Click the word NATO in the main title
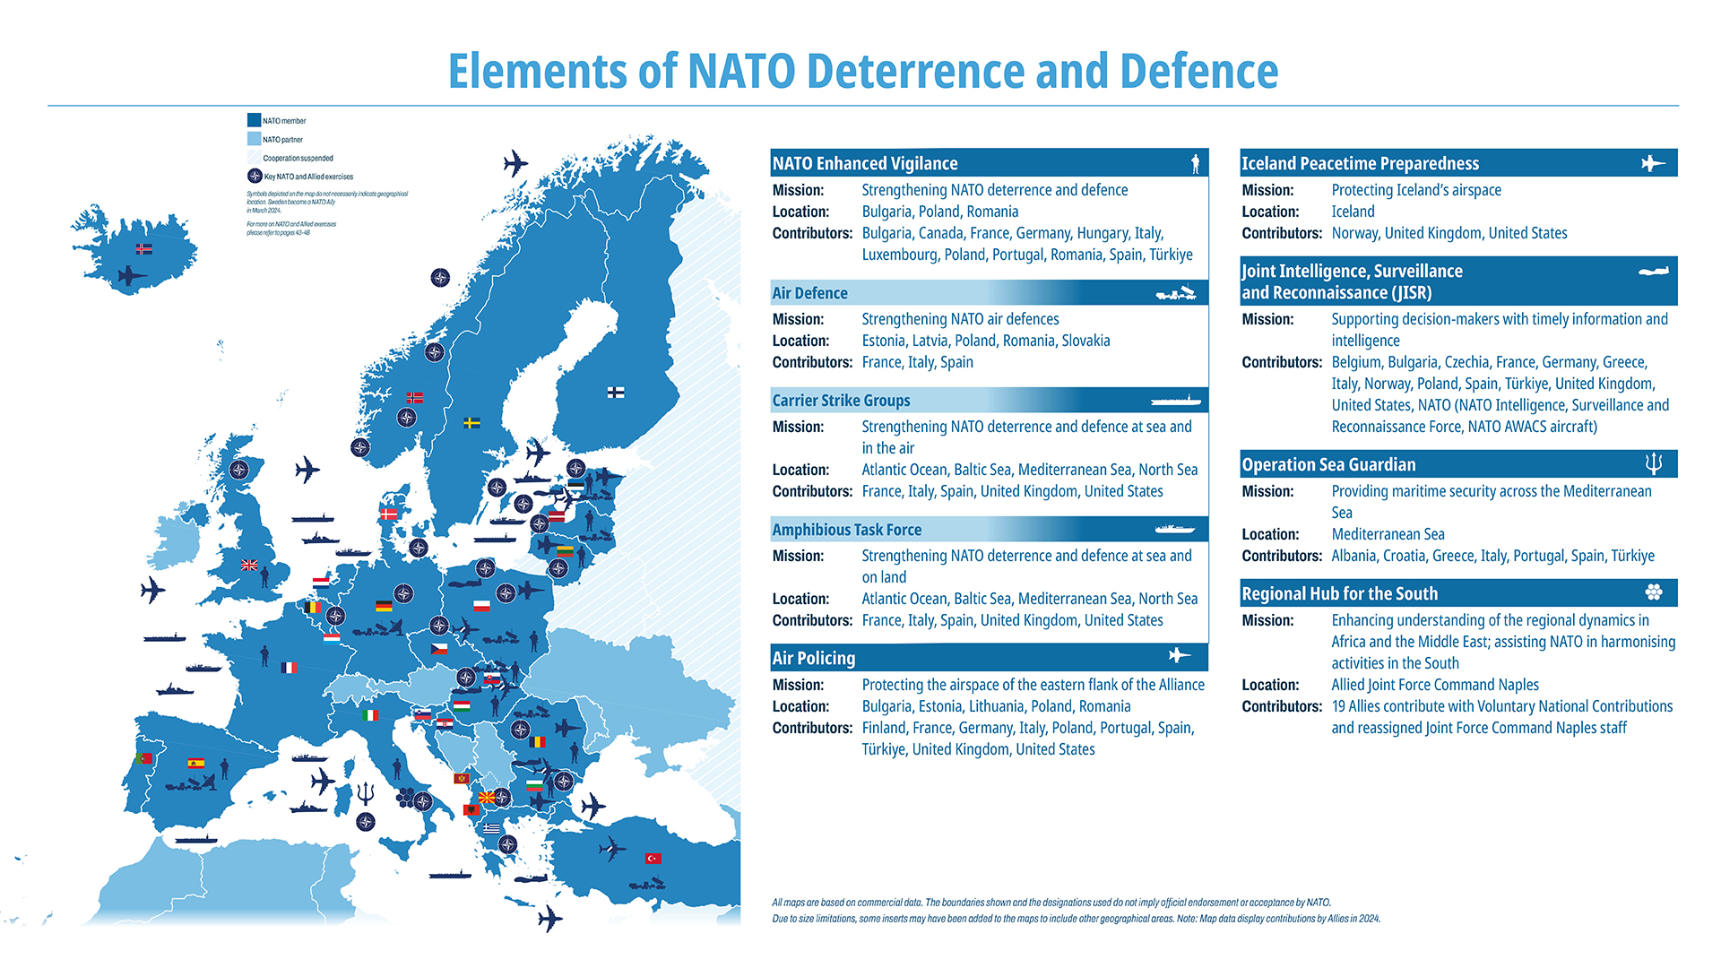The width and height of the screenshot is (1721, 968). pyautogui.click(x=740, y=72)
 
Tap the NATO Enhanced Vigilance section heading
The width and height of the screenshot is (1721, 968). pyautogui.click(x=865, y=163)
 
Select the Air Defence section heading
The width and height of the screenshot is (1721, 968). pyautogui.click(x=809, y=293)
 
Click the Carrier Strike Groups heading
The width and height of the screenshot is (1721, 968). pyautogui.click(x=841, y=401)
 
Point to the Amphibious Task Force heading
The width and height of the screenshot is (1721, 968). pyautogui.click(x=846, y=530)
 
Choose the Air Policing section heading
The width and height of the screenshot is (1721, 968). pyautogui.click(x=814, y=658)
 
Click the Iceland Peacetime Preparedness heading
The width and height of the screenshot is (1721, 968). pyautogui.click(x=1360, y=163)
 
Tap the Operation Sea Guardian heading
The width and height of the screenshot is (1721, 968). pyautogui.click(x=1328, y=464)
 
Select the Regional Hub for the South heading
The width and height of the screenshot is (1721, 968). pyautogui.click(x=1339, y=593)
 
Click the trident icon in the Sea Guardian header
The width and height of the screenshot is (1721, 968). pyautogui.click(x=1654, y=463)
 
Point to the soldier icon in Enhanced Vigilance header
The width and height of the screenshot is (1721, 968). pyautogui.click(x=1195, y=163)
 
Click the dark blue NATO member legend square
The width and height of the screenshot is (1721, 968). pyautogui.click(x=254, y=120)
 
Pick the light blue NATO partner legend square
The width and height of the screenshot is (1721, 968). pyautogui.click(x=254, y=139)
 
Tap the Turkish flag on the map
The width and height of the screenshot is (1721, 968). pyautogui.click(x=653, y=858)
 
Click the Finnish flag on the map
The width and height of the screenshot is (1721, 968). pyautogui.click(x=616, y=392)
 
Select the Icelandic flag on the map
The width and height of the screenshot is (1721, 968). pyautogui.click(x=143, y=248)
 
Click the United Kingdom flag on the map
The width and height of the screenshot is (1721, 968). pyautogui.click(x=249, y=565)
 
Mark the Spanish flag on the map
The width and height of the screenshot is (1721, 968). pyautogui.click(x=195, y=763)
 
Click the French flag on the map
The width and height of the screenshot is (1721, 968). pyautogui.click(x=289, y=667)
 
